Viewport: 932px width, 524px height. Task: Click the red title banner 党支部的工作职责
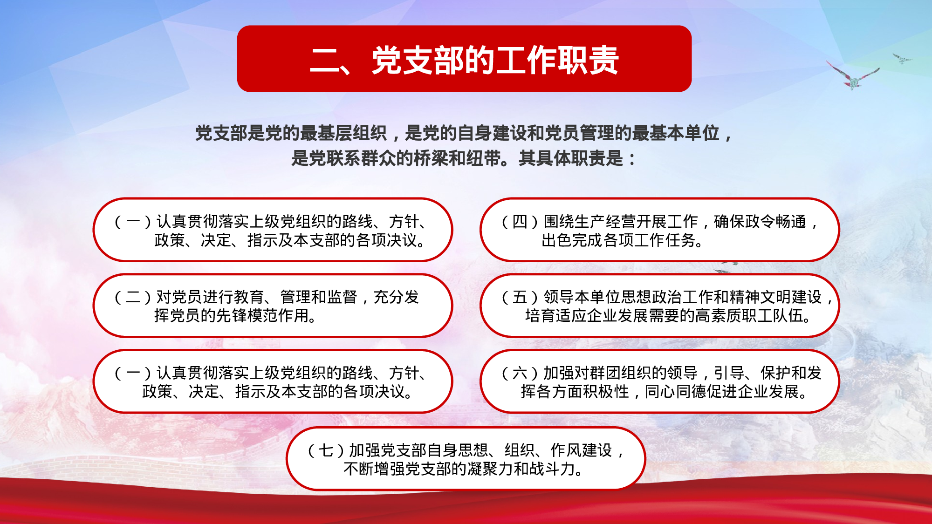[464, 59]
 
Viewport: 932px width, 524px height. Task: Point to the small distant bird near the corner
[902, 59]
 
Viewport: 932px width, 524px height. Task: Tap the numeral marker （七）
[326, 450]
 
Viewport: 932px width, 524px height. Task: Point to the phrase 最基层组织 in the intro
[343, 133]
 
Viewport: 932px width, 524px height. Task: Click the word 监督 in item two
[342, 297]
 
